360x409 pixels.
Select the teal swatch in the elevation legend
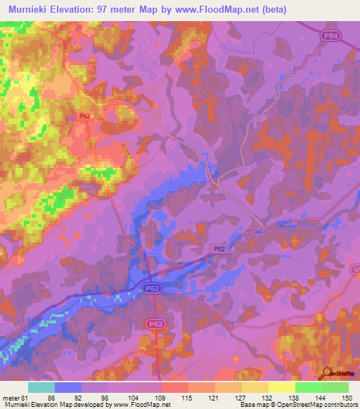click(41, 387)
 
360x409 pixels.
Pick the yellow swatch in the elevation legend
click(282, 387)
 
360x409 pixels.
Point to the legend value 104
click(135, 398)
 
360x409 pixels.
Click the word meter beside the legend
click(11, 398)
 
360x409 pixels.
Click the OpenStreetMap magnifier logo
click(327, 374)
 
